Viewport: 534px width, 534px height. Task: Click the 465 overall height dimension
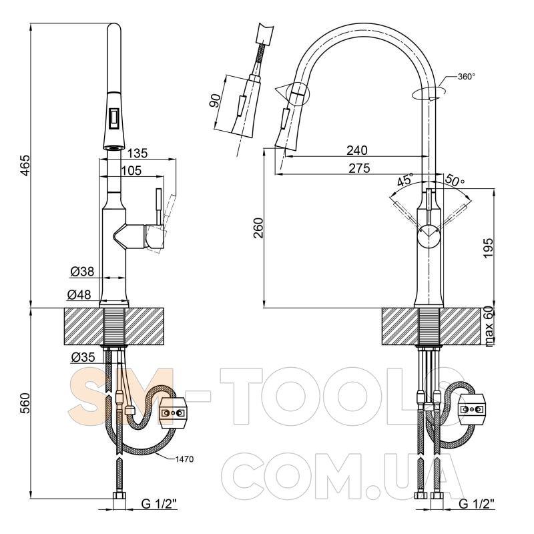click(25, 166)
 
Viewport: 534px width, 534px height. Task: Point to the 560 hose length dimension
click(25, 404)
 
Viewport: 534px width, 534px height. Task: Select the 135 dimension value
click(138, 154)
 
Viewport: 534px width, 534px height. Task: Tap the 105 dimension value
click(131, 170)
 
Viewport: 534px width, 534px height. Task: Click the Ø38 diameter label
click(82, 272)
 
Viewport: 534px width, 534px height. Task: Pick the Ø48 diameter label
click(79, 294)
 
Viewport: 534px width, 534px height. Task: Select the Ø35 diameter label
click(83, 357)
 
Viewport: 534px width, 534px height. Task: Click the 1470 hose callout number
click(184, 459)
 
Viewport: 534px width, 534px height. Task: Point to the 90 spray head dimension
click(215, 101)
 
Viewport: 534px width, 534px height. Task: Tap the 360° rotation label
click(466, 77)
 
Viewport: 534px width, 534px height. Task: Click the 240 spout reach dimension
click(357, 150)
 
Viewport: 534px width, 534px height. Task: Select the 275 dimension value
click(359, 168)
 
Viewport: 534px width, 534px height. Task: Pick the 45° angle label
click(405, 179)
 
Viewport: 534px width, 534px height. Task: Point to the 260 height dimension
click(258, 228)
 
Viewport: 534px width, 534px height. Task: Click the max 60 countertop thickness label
click(489, 326)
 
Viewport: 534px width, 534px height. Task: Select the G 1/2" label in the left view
click(158, 504)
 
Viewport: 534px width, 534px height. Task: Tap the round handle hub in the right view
click(429, 236)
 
